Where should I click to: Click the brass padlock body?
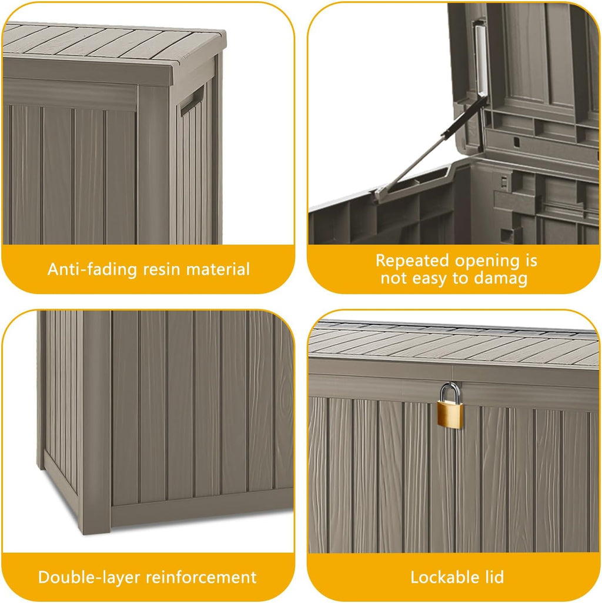(450, 414)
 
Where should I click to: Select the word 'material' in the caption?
(218, 269)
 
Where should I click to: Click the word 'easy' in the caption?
(429, 278)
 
